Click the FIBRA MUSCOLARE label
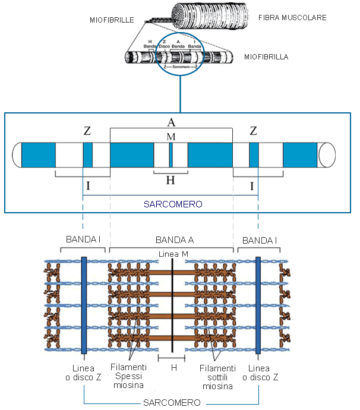(x=292, y=18)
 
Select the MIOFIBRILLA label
(x=266, y=57)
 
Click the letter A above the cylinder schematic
(x=171, y=122)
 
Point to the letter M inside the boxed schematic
(x=171, y=137)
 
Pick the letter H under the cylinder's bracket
(x=170, y=181)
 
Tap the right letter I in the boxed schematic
(x=253, y=186)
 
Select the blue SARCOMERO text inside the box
(x=173, y=204)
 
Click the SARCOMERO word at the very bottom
(x=171, y=403)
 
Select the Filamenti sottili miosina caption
(x=218, y=377)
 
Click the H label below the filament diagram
(x=173, y=368)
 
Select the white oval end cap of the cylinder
(x=327, y=154)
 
